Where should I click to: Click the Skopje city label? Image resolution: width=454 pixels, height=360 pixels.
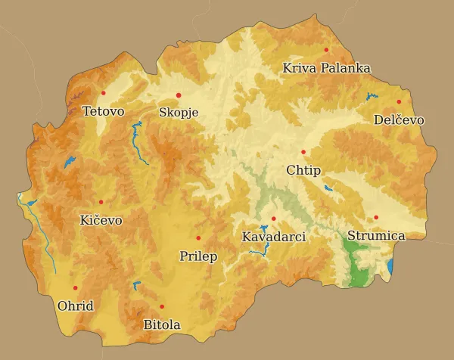coord(179,113)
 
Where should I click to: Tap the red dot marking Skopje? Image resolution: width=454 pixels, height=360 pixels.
coord(179,95)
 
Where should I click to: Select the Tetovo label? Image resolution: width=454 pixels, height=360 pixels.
coord(103,111)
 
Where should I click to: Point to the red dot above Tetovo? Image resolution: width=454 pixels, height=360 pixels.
coord(104,93)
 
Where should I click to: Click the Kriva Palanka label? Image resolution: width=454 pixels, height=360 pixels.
coord(326,68)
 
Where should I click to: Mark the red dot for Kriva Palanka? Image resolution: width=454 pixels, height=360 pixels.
coord(327,50)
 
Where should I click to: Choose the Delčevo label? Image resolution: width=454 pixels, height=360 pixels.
coord(399,120)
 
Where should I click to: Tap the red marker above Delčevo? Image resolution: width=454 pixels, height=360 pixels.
coord(399,102)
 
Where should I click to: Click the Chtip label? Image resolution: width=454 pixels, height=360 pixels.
coord(303,170)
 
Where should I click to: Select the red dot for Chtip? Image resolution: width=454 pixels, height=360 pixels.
coord(303,152)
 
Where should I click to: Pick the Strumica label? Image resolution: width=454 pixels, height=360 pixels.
coord(376,236)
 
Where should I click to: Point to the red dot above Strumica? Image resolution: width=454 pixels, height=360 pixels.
coord(376,218)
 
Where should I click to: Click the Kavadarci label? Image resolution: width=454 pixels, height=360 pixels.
coord(273,237)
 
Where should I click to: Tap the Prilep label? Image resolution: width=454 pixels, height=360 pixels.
coord(198,256)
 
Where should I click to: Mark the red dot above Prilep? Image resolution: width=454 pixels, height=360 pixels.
coord(198,238)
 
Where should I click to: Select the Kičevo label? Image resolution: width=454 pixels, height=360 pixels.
coord(101,220)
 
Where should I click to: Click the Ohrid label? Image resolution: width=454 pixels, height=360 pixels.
coord(75,306)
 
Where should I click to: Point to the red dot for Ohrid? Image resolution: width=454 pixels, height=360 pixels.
coord(75,288)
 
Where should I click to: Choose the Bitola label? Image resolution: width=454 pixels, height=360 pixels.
coord(162,325)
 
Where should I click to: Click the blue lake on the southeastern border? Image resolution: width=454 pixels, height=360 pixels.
coord(390,267)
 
